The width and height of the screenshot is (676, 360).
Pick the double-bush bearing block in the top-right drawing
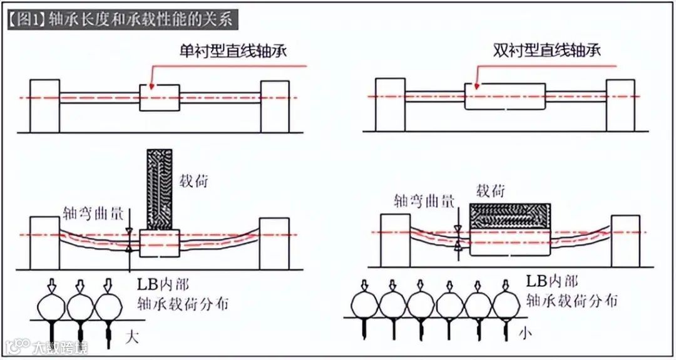coord(504,96)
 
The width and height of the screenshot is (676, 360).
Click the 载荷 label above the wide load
coord(490,190)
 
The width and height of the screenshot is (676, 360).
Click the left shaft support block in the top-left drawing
coord(44,106)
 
